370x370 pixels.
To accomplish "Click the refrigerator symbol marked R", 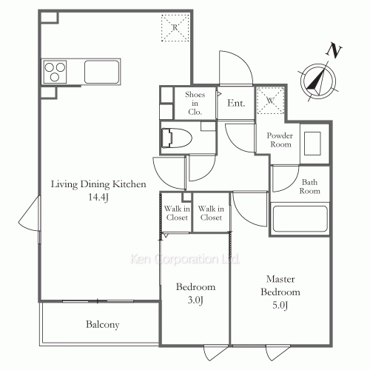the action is (175, 27).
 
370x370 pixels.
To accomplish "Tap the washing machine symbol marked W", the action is (270, 101).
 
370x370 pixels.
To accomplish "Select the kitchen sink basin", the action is (101, 72).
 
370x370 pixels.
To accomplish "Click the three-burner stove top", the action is (55, 72).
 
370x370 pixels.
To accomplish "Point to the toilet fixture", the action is (177, 138).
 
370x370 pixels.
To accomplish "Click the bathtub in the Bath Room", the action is (300, 219).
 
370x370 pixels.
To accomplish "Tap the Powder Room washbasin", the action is (312, 144).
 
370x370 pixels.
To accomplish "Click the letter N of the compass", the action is (334, 51).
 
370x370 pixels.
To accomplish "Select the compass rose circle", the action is (318, 81).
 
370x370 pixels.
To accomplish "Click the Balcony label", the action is (103, 325).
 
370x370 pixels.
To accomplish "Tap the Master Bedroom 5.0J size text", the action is (280, 306).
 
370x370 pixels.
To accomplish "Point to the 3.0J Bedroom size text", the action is (195, 300).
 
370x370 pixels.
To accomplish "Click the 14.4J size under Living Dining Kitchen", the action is (98, 197).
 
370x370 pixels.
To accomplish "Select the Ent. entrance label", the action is (236, 103).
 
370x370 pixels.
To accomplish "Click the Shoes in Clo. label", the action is (195, 103).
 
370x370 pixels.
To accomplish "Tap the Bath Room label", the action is (309, 186).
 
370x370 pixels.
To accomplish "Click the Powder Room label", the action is (280, 140).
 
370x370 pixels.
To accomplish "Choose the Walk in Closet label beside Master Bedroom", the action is (211, 213).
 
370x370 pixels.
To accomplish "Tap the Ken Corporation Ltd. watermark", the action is (185, 259).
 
